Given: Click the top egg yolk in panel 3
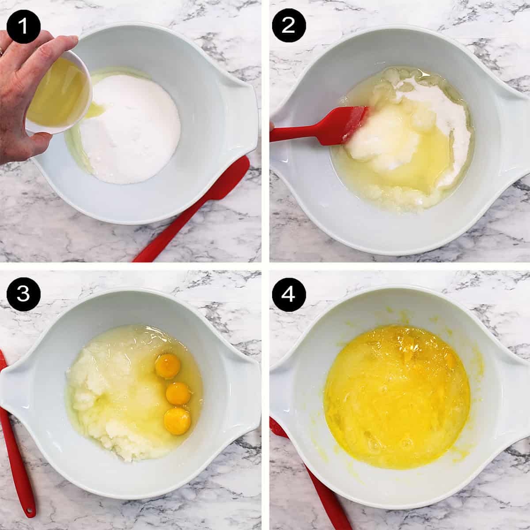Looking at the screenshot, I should (x=168, y=367).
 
